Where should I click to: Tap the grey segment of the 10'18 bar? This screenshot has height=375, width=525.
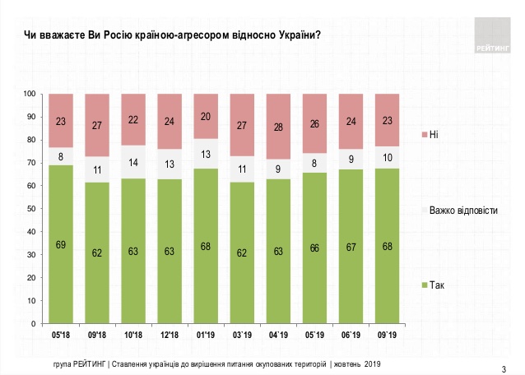click(x=133, y=162)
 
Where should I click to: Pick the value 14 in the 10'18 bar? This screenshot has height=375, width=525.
click(x=133, y=162)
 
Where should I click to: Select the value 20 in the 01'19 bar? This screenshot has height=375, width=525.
click(x=206, y=116)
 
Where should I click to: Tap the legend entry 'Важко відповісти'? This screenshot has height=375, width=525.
click(x=460, y=211)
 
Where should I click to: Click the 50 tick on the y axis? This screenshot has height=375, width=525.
click(x=31, y=209)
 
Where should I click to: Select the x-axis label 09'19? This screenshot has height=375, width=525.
click(x=387, y=335)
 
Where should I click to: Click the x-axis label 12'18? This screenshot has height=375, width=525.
click(x=170, y=335)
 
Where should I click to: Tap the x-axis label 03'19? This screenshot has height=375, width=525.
click(x=242, y=335)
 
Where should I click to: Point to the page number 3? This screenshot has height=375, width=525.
click(x=503, y=366)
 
